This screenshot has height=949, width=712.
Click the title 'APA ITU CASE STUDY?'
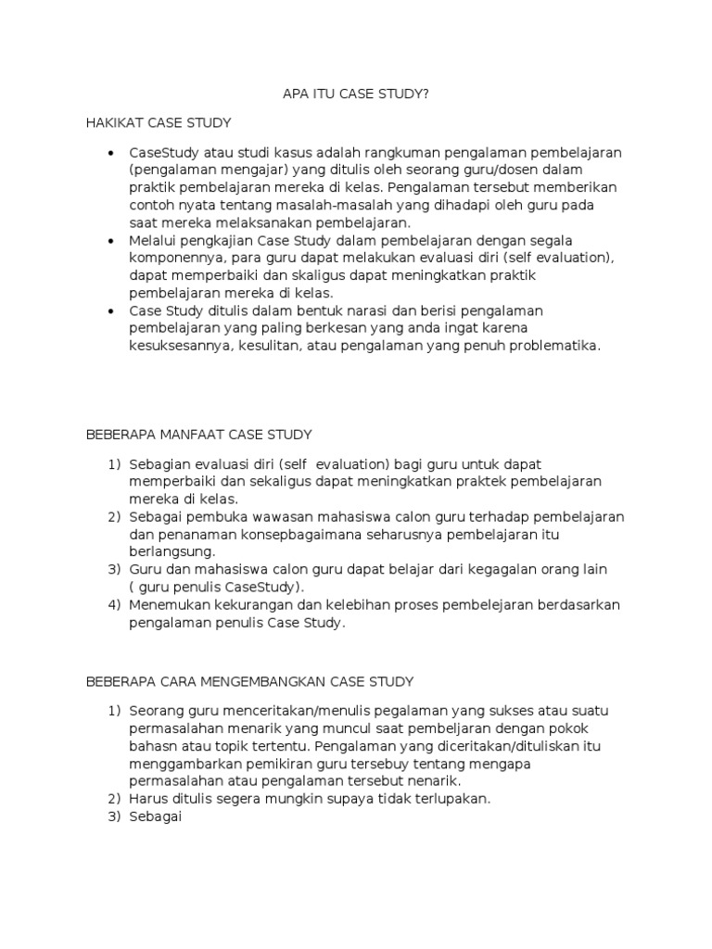click(x=356, y=94)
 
